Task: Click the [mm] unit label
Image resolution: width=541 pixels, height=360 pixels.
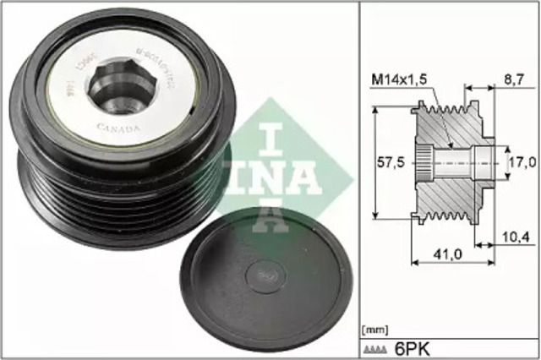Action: tap(374, 327)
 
